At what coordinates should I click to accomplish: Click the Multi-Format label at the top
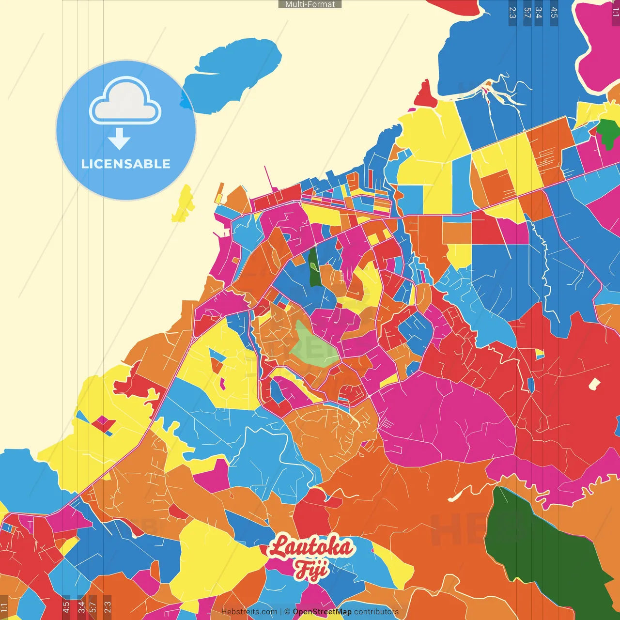pos(310,4)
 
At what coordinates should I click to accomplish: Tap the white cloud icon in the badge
pos(125,101)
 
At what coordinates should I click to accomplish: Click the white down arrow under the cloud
pos(119,139)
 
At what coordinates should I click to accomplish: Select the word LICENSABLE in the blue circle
pos(125,164)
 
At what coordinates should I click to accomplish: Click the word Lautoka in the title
pos(311,547)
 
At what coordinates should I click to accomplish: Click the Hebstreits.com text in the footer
pos(249,612)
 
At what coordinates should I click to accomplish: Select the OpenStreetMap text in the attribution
pos(322,612)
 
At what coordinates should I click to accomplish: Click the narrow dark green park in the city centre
pos(314,268)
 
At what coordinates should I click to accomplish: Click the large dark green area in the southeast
pos(542,547)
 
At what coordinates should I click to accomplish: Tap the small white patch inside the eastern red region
pos(594,384)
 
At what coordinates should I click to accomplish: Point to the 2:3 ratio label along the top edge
pos(512,13)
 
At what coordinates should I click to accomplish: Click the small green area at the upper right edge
pos(606,132)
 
